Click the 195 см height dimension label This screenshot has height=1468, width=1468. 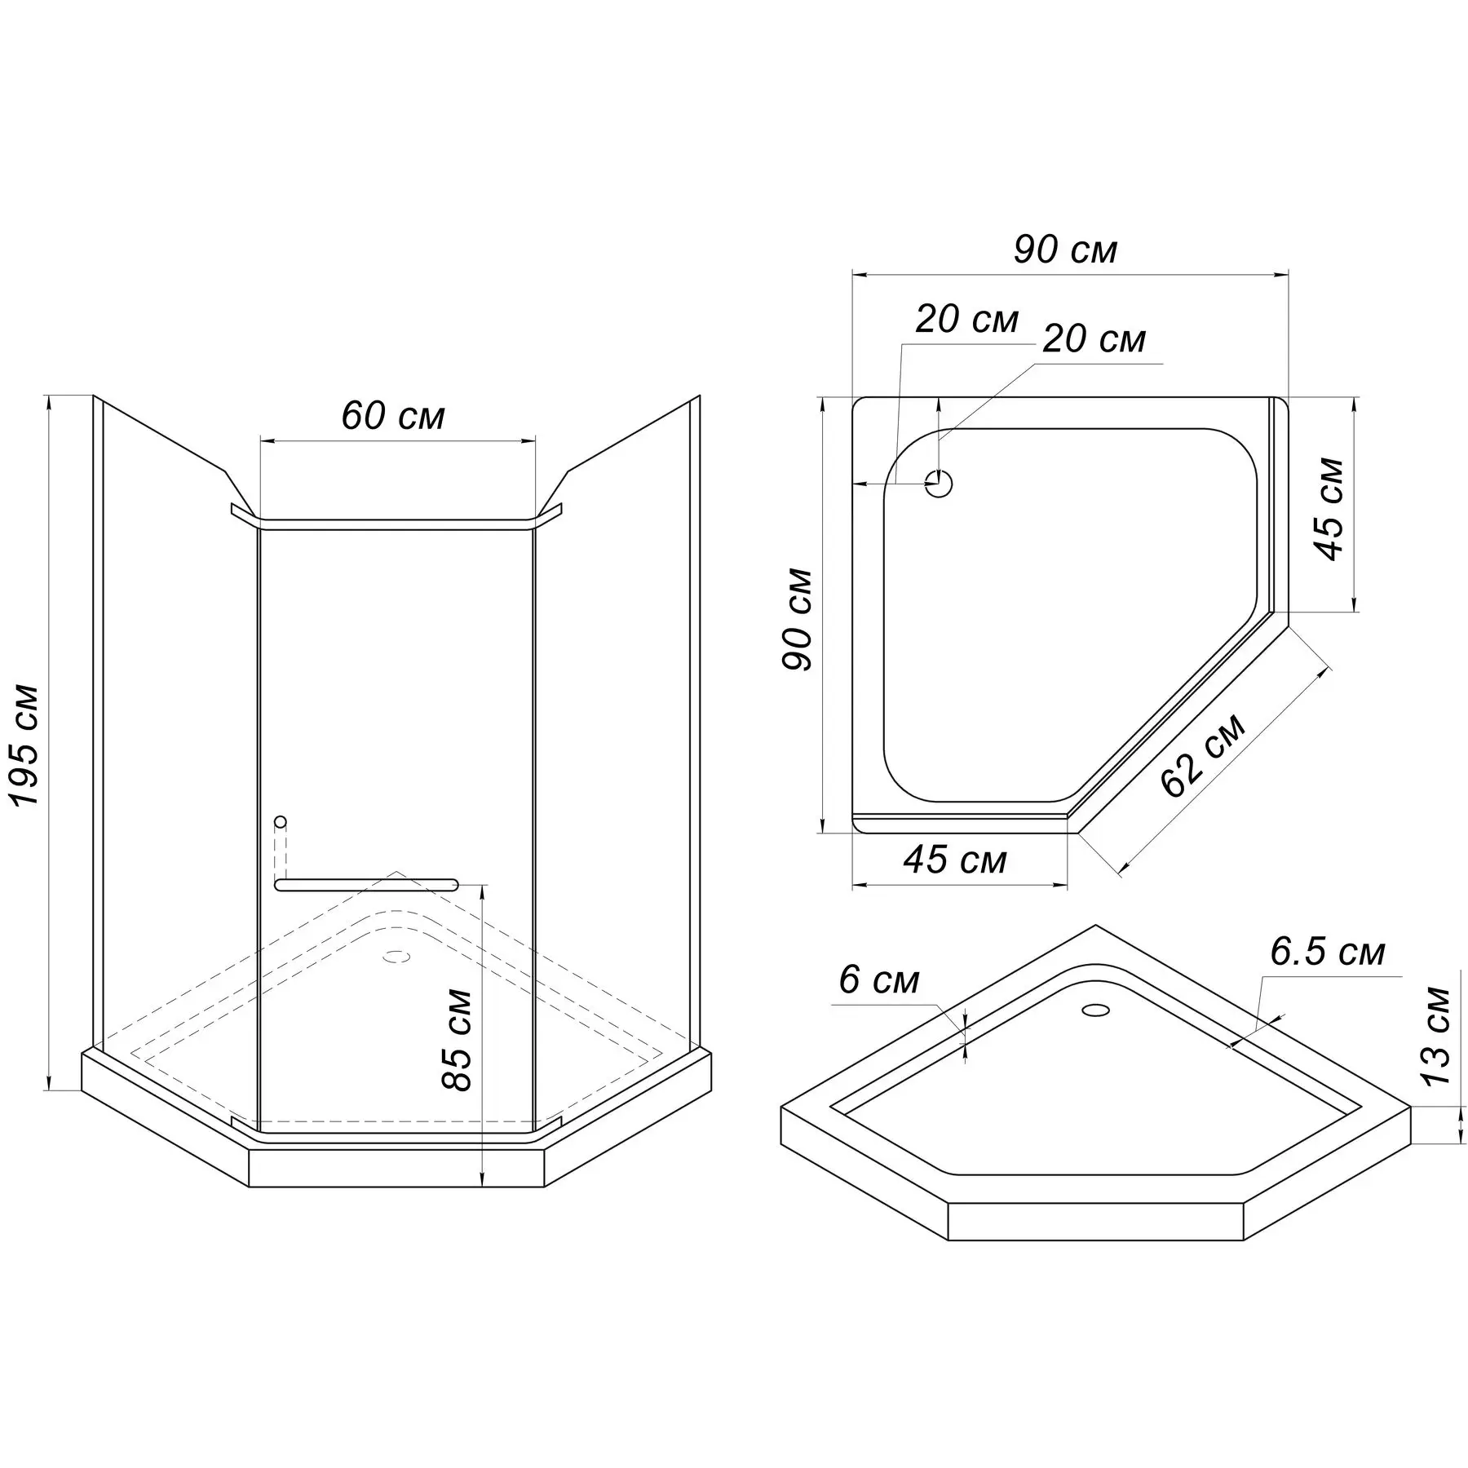28,745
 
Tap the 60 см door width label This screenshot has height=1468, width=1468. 393,416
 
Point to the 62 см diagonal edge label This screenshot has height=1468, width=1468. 1204,755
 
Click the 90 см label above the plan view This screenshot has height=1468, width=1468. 1065,250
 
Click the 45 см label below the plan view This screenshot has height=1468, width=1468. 955,860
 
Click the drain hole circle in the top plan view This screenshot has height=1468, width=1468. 940,484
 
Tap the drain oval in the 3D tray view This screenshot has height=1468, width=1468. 1095,1010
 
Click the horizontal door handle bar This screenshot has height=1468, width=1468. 367,884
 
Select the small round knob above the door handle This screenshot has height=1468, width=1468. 281,820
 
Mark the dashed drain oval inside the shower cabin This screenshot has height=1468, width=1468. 397,955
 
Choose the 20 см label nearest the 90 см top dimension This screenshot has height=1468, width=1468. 966,320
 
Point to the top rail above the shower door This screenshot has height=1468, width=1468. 396,522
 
